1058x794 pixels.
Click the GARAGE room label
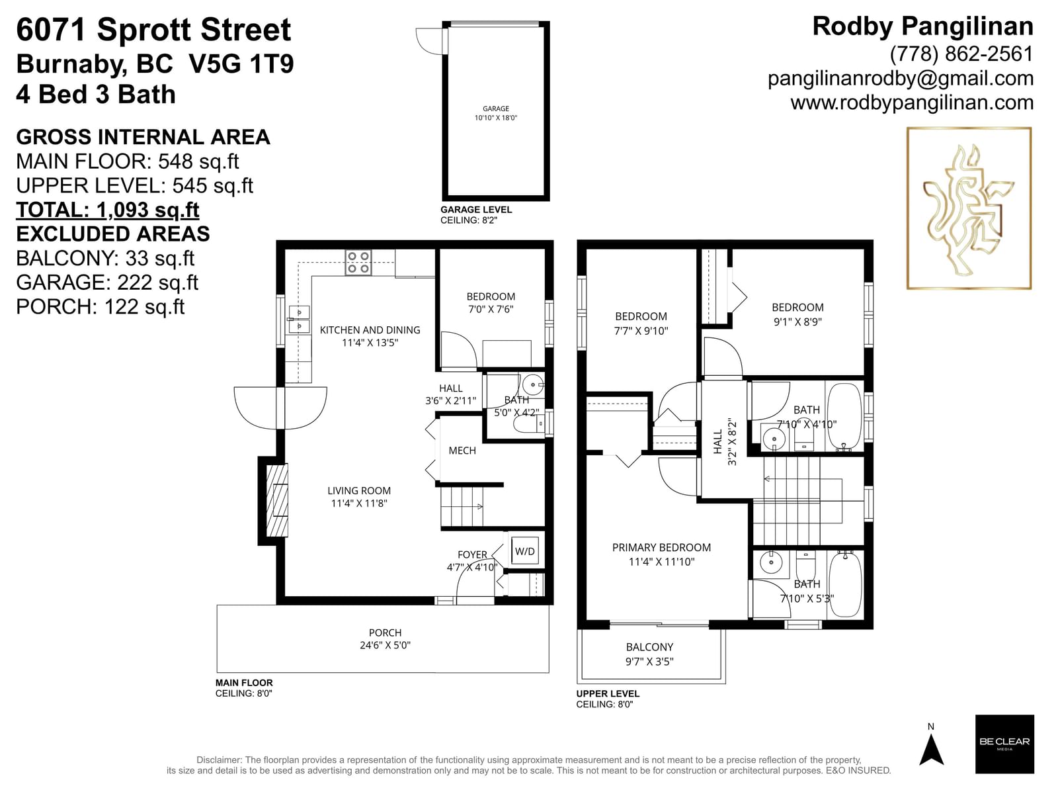coord(495,109)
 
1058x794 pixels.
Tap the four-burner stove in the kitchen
coord(358,263)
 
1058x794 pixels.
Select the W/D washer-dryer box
coord(525,552)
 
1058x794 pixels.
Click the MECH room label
coord(462,451)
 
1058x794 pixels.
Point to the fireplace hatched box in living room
coord(277,500)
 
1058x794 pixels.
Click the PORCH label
coord(385,633)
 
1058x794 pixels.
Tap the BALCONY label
coord(649,647)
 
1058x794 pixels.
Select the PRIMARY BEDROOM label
coord(661,548)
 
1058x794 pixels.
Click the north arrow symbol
coord(931,750)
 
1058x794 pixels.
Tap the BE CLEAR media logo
coord(1004,744)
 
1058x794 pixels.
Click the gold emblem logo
coord(969,208)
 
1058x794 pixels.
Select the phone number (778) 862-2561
coord(961,54)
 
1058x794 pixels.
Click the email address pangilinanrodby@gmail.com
coord(901,79)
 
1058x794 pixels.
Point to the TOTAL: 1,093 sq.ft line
coord(108,210)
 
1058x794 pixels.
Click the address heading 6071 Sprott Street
coord(153,30)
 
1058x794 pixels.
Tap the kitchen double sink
coord(300,320)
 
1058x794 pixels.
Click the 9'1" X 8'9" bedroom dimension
coord(797,322)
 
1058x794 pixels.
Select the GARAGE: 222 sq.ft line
coord(107,283)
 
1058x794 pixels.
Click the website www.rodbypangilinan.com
coord(912,103)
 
